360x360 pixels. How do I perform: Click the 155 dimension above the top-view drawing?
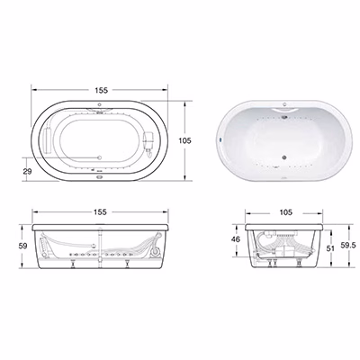(x=101, y=90)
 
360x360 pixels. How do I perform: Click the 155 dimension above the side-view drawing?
(x=100, y=212)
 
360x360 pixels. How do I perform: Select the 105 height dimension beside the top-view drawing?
(x=184, y=140)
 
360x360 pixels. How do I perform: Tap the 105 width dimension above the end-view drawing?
(x=285, y=212)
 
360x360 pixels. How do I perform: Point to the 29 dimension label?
(x=27, y=171)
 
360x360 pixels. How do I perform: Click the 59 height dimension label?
(x=22, y=246)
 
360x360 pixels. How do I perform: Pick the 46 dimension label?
(x=236, y=239)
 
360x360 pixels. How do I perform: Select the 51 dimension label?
(x=330, y=248)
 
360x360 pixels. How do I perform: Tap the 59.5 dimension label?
(x=349, y=246)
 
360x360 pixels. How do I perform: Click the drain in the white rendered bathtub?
(x=283, y=157)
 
